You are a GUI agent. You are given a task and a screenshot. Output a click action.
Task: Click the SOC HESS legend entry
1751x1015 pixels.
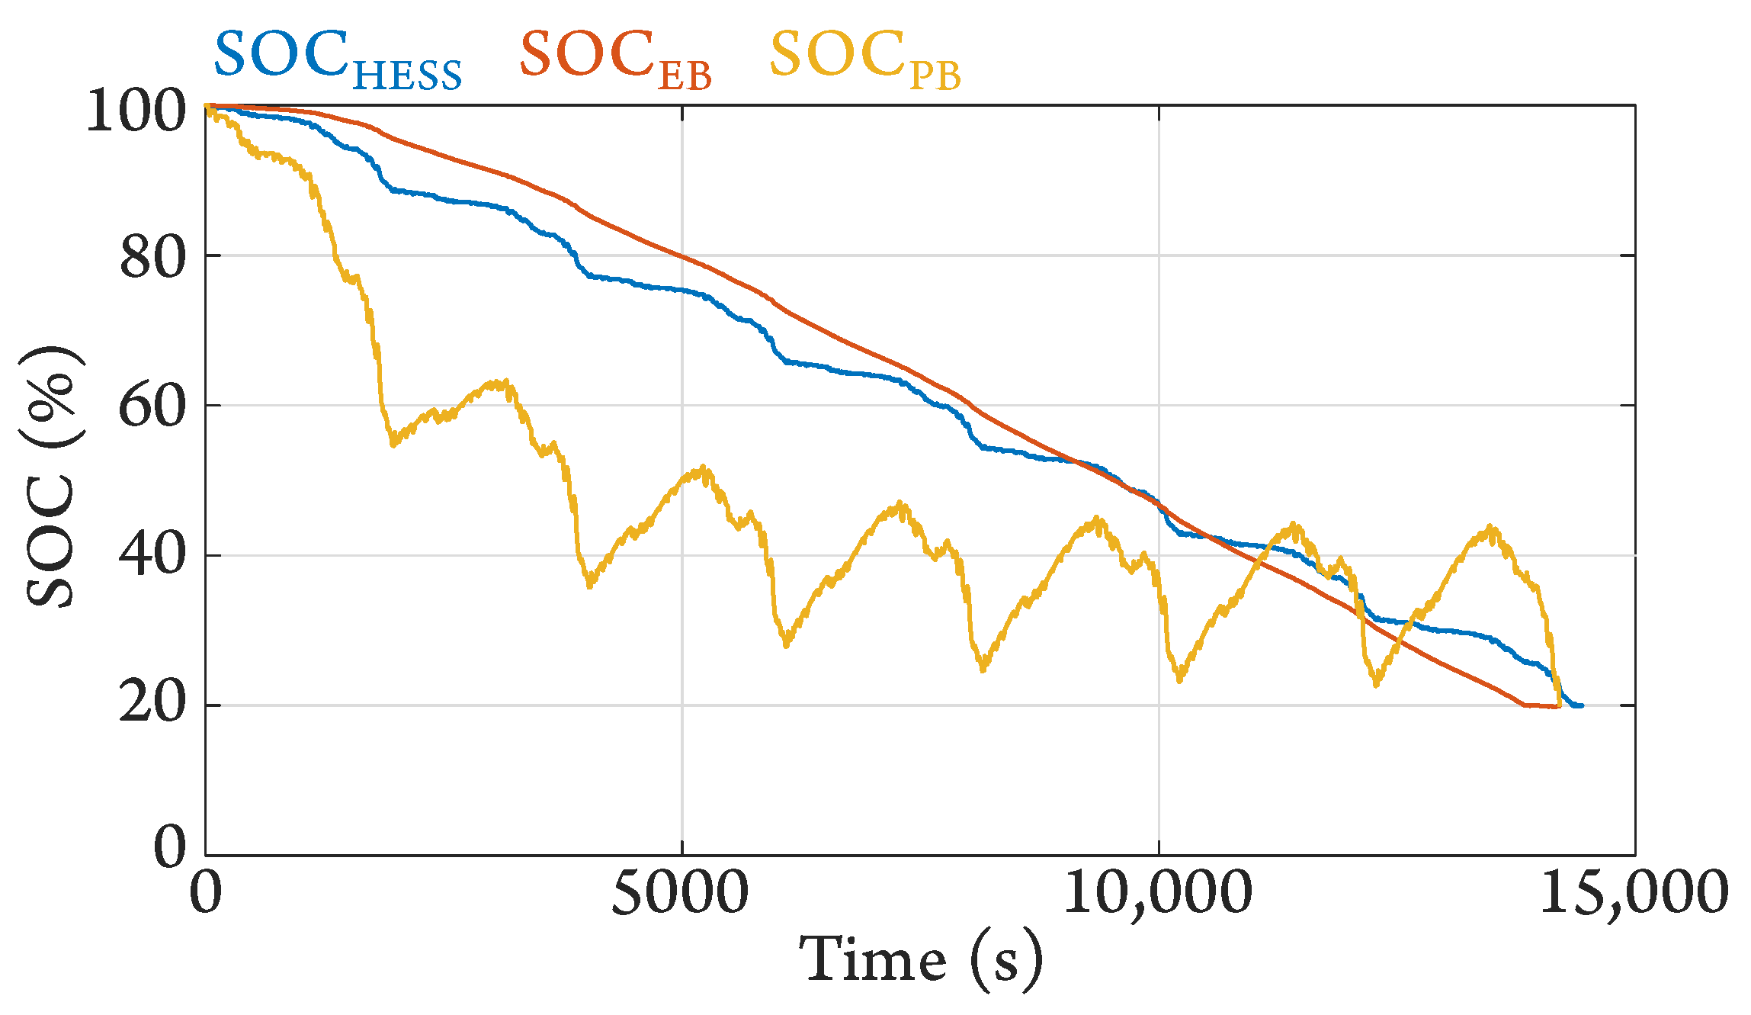click(338, 59)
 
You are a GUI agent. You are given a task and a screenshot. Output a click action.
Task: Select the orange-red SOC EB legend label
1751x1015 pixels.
click(614, 59)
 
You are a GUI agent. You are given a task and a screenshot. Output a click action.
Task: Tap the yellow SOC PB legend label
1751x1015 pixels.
click(864, 59)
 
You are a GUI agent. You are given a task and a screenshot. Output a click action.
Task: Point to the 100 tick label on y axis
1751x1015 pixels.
click(136, 111)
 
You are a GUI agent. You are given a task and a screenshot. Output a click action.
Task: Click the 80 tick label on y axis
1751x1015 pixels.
click(152, 258)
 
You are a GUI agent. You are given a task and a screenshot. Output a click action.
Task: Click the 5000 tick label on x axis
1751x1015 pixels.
click(680, 892)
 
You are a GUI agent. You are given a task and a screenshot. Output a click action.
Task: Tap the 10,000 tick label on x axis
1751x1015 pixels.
click(1157, 892)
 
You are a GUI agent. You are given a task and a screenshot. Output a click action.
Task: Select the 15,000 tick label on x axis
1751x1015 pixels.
click(1634, 892)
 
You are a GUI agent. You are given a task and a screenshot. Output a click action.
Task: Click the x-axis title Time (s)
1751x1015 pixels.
click(920, 960)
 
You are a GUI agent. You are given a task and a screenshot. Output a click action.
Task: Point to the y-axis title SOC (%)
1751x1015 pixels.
click(52, 477)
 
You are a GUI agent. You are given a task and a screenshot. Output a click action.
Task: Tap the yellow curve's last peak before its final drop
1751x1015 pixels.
click(1490, 530)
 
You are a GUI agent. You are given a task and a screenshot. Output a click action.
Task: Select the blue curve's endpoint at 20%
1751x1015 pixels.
click(1581, 705)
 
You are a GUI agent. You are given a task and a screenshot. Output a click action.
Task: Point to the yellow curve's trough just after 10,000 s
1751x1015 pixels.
click(1179, 678)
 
